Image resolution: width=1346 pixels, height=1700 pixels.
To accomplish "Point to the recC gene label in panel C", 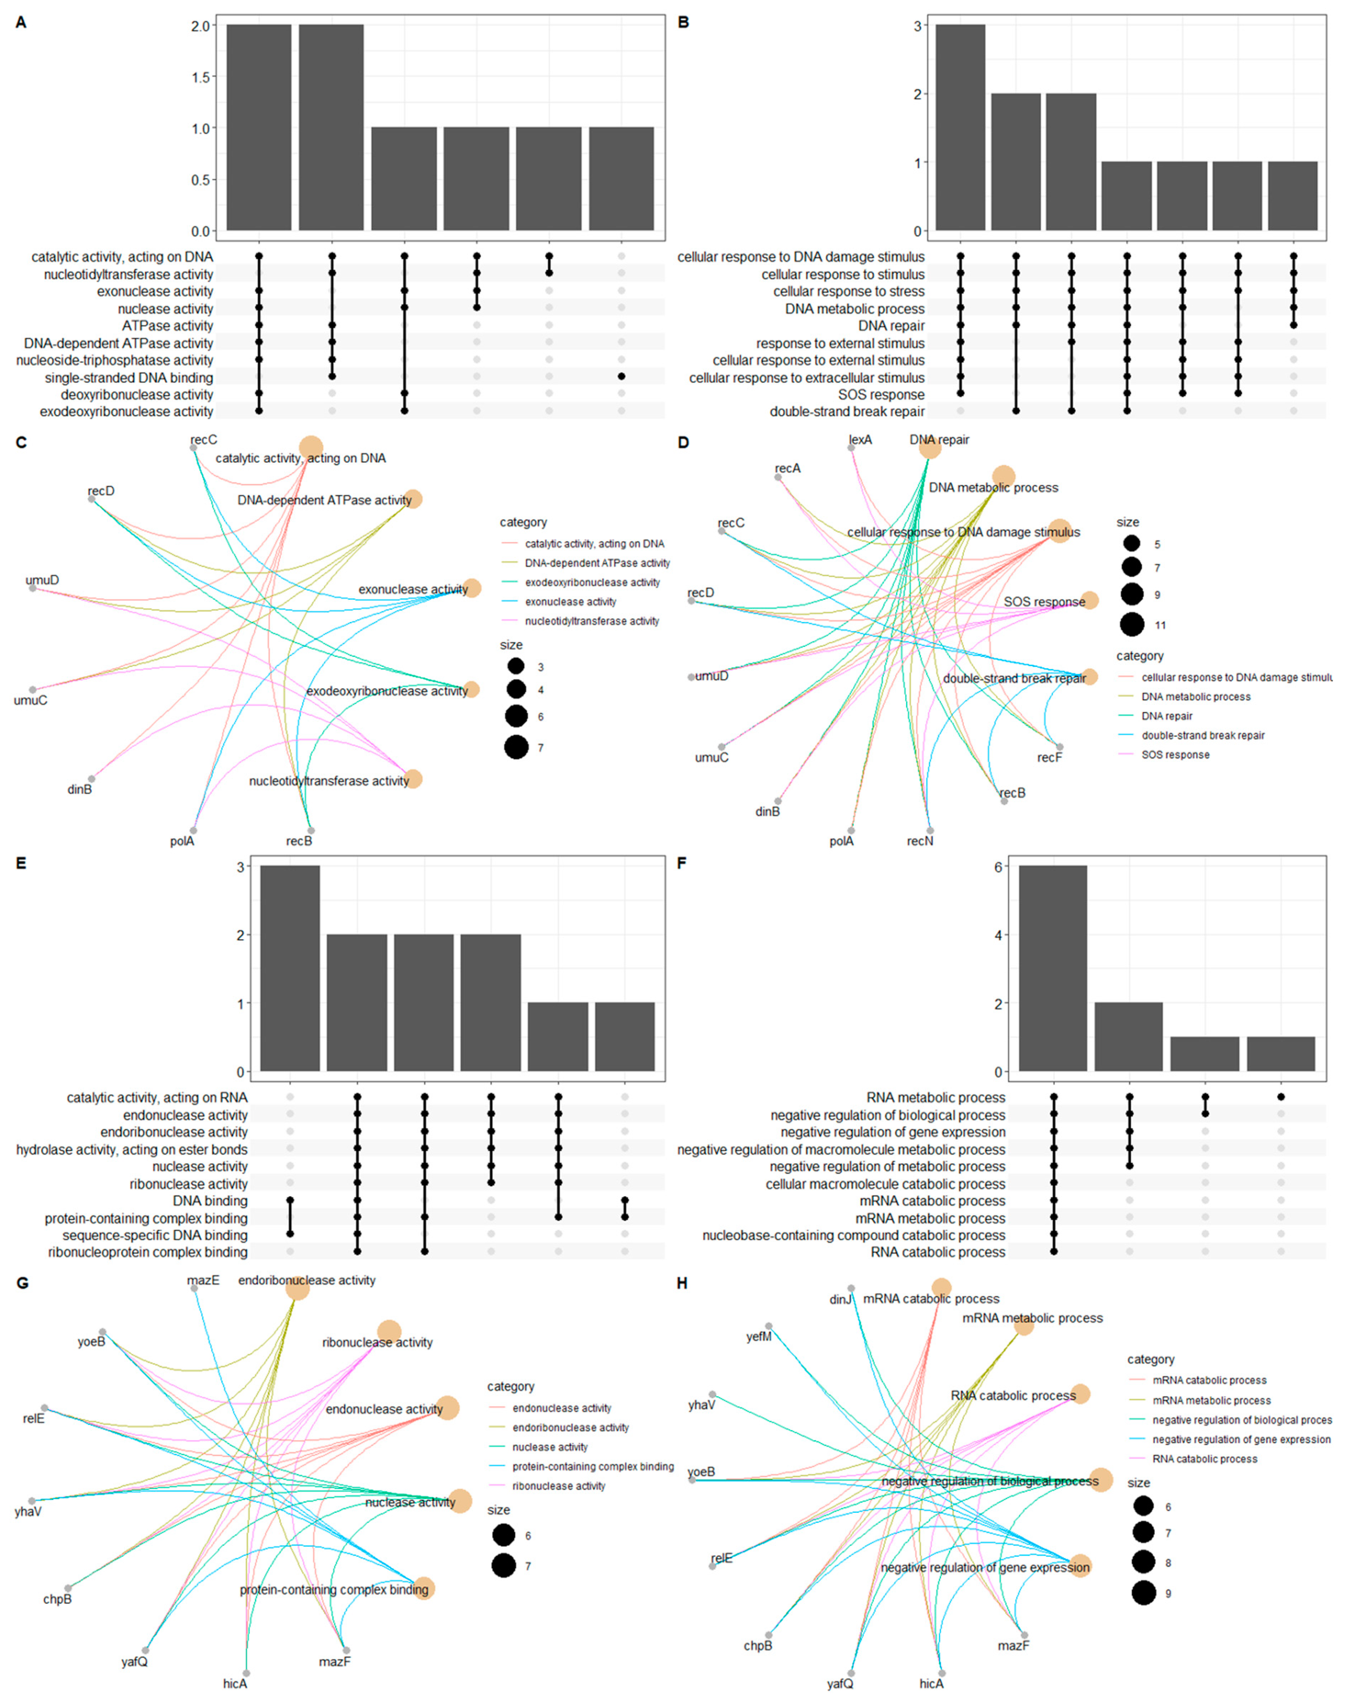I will [203, 440].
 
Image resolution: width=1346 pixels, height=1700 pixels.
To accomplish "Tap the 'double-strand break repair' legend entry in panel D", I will [1203, 735].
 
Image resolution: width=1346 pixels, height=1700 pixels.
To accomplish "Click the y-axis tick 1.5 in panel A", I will [200, 77].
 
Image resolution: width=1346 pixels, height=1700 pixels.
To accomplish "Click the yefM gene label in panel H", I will [759, 1337].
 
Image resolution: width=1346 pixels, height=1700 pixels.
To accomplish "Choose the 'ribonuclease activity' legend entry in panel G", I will [559, 1486].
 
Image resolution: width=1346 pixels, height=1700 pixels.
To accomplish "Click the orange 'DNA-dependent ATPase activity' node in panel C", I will [413, 499].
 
